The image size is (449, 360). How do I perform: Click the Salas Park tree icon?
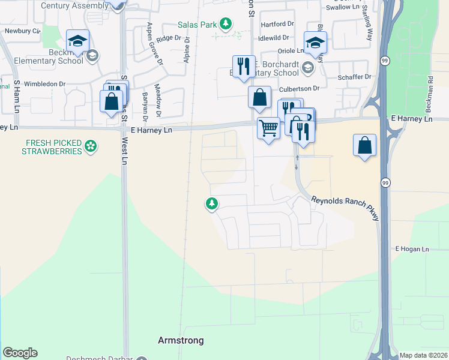coord(225,24)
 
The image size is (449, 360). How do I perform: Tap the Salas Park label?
coord(197,25)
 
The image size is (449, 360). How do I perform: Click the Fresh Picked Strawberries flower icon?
coord(91,146)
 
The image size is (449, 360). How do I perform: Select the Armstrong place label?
coord(181,340)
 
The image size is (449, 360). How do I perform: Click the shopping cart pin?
coord(268,127)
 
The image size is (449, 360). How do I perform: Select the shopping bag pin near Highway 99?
coord(365,145)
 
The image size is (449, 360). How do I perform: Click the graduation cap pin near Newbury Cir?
coord(78,41)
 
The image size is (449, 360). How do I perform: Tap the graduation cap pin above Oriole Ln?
coord(315,42)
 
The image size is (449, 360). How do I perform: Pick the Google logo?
coord(20,353)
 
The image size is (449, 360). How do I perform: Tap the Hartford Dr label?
coord(282,24)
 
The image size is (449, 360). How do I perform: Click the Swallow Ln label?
coord(342,8)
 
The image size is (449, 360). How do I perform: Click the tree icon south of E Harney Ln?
coord(211,204)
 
